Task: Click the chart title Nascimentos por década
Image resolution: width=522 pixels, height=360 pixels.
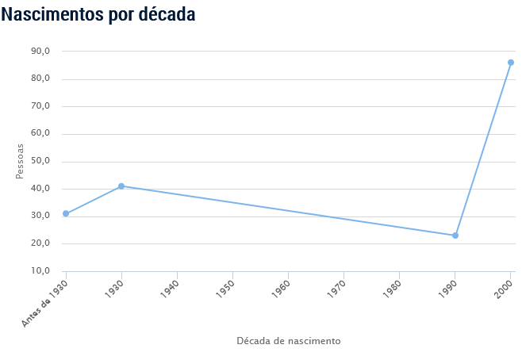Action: [x=98, y=14]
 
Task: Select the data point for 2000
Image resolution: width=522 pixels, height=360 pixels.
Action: [x=511, y=63]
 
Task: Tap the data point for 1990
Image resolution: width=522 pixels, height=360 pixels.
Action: [x=455, y=236]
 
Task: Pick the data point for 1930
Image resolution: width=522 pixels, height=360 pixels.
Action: [x=121, y=186]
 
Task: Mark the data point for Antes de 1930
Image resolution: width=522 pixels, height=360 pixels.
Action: [x=66, y=213]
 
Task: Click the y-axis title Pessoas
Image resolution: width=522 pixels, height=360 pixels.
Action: [x=21, y=161]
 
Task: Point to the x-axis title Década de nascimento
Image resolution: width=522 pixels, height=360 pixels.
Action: [x=289, y=341]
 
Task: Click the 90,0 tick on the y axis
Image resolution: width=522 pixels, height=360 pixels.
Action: [x=40, y=52]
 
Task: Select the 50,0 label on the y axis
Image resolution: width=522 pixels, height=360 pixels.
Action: [x=40, y=161]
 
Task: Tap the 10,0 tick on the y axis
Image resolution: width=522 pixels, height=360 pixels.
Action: [x=40, y=271]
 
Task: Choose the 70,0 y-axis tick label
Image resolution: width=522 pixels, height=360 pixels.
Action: [x=40, y=106]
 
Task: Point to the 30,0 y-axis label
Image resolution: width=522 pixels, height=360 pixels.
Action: [x=40, y=216]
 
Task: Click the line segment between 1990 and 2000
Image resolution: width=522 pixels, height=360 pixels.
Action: [x=483, y=149]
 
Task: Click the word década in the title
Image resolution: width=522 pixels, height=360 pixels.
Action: [x=166, y=14]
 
